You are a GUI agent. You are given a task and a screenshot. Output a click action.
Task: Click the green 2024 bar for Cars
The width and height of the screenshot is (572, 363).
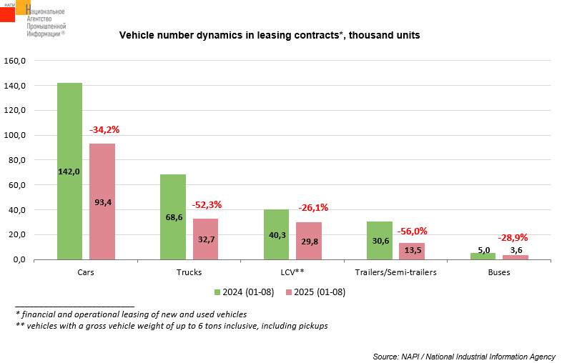(69, 171)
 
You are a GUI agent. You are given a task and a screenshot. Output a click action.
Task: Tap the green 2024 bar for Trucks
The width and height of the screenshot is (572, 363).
(173, 217)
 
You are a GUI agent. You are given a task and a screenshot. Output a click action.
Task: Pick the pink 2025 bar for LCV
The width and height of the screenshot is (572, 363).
(308, 241)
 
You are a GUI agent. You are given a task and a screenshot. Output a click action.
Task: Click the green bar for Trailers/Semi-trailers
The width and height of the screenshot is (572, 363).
(380, 241)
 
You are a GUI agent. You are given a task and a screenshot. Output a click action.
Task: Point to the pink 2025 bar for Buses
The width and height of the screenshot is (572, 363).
(516, 257)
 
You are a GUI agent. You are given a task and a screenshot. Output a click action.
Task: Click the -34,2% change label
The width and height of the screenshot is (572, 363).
(104, 130)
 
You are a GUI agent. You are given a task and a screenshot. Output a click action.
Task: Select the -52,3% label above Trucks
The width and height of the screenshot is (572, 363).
(207, 204)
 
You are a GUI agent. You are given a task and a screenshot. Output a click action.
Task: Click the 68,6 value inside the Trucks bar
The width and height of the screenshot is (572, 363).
(173, 217)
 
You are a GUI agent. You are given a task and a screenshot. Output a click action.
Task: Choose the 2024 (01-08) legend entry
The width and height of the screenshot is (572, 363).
(244, 292)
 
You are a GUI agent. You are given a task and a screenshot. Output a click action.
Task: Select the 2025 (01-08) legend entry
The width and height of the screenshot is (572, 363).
(315, 292)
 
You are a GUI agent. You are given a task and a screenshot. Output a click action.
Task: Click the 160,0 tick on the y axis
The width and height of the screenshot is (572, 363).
(15, 61)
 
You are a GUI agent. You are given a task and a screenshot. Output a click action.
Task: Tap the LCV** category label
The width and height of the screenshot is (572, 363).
(292, 273)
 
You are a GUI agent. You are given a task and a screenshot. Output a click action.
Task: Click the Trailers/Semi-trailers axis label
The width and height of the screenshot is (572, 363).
(395, 273)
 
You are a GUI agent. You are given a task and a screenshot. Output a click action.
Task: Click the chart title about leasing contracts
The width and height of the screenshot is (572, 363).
(269, 35)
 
